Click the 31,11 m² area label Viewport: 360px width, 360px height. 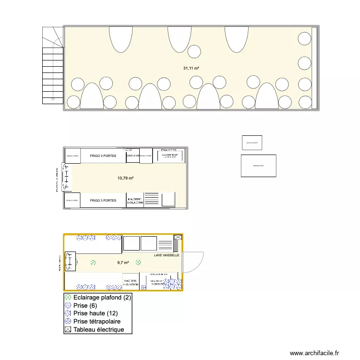[191, 68]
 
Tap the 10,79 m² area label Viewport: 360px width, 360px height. [125, 178]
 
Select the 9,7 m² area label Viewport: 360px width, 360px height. [123, 263]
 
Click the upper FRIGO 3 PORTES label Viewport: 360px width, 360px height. [103, 156]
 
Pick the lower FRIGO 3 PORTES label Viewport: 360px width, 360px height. [103, 200]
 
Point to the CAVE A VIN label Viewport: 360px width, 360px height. [132, 156]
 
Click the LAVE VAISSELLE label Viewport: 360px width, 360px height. [167, 255]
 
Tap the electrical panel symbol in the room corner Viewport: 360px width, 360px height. [178, 237]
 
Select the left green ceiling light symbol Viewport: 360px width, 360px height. [93, 263]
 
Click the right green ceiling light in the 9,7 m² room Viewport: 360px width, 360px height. [138, 262]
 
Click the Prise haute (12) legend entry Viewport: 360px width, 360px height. [95, 313]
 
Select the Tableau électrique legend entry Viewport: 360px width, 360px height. [98, 330]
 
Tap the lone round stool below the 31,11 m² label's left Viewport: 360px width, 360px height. [194, 51]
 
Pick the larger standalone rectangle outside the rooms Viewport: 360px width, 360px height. [259, 166]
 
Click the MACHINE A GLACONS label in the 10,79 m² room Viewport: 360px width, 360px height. [133, 200]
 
